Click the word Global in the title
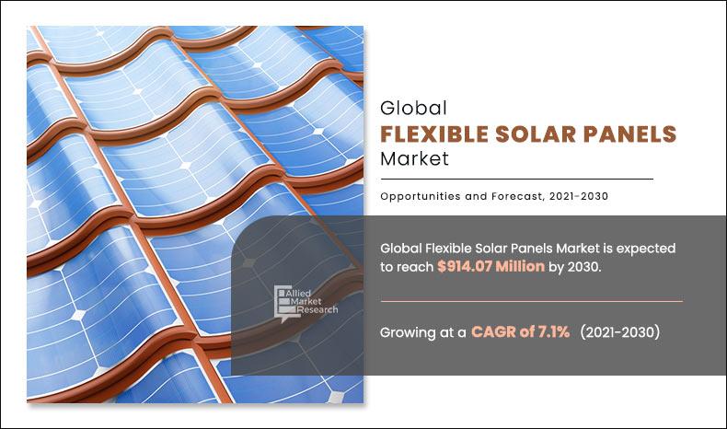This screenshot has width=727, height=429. coord(413,108)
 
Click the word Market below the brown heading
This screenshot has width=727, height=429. coord(414,158)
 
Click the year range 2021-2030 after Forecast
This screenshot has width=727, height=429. coord(575,195)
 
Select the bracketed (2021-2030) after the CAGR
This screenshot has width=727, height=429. coord(619,331)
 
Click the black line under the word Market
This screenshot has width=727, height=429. coord(516,179)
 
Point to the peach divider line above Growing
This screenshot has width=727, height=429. coord(531,301)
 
